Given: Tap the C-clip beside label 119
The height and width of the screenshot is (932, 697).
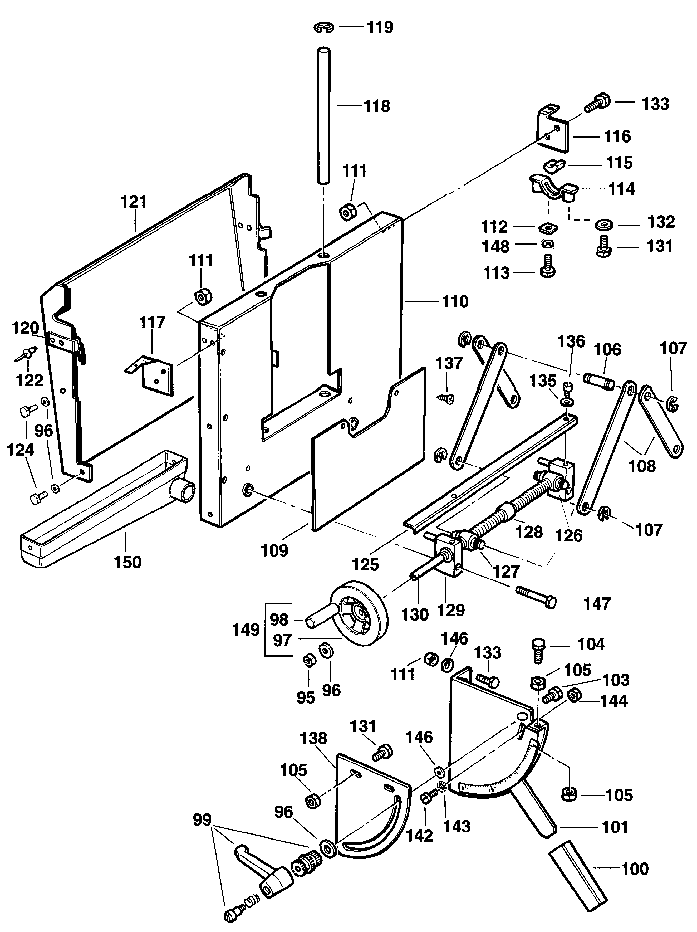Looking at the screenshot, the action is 324,28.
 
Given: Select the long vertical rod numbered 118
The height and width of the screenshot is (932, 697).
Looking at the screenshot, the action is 323,115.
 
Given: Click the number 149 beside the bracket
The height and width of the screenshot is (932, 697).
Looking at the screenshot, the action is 246,630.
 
